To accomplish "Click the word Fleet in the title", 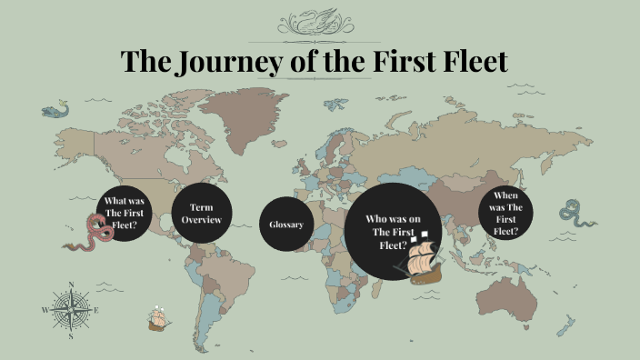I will point(465,62).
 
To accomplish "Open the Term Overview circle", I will point(201,214).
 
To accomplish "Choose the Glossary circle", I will point(286,225).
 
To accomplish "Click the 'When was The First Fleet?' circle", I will point(505,213).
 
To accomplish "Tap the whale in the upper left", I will point(55,111).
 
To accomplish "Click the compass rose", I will point(71,310).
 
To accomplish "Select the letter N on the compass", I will point(71,285).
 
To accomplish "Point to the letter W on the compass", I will point(45,310).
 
